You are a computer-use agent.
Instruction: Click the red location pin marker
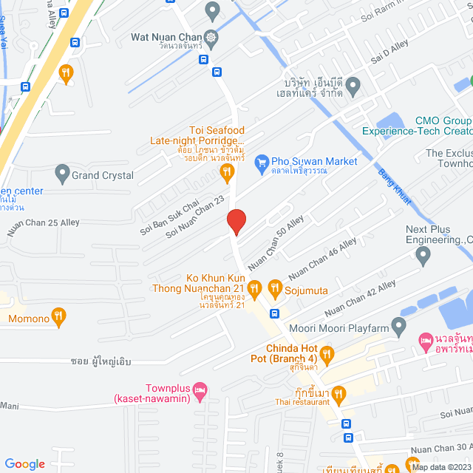pyautogui.click(x=236, y=222)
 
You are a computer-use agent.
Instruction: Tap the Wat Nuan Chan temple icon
pyautogui.click(x=212, y=37)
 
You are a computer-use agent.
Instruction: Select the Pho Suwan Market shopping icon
pyautogui.click(x=261, y=162)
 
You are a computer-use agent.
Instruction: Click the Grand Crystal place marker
pyautogui.click(x=62, y=175)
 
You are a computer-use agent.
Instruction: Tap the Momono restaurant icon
pyautogui.click(x=59, y=319)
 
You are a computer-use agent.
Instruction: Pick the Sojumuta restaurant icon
pyautogui.click(x=274, y=288)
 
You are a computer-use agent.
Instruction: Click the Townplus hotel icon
pyautogui.click(x=200, y=389)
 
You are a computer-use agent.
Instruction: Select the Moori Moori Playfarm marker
pyautogui.click(x=399, y=325)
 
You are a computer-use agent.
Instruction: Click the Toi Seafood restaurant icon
pyautogui.click(x=227, y=173)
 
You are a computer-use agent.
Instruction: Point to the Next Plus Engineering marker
pyautogui.click(x=423, y=256)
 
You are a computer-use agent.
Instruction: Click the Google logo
pyautogui.click(x=24, y=463)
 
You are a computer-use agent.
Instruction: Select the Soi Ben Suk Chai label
pyautogui.click(x=169, y=217)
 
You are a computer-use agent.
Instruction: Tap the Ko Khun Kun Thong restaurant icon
pyautogui.click(x=255, y=288)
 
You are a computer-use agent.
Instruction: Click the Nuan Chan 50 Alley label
pyautogui.click(x=276, y=242)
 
